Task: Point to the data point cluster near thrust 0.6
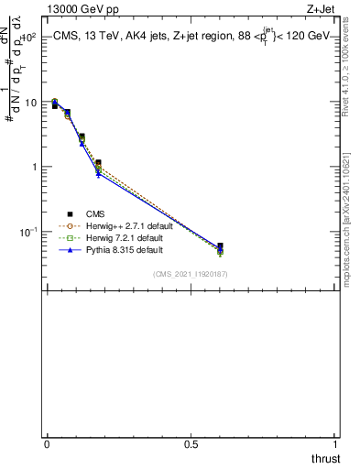click(220, 248)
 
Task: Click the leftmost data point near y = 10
click(55, 103)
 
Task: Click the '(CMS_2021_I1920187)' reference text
click(191, 273)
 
